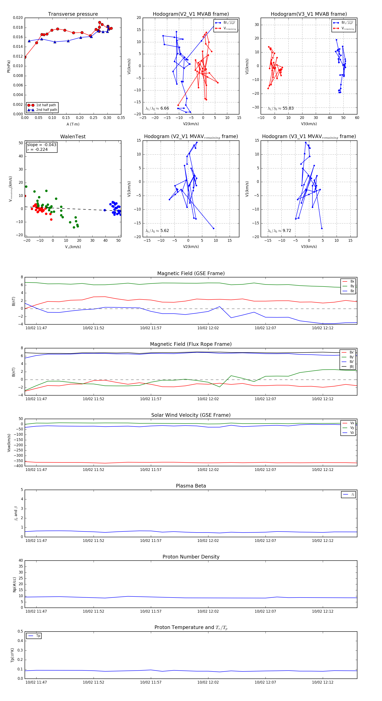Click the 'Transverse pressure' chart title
point(73,14)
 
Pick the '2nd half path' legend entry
point(46,110)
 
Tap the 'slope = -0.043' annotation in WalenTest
point(42,145)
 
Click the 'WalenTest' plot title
point(73,137)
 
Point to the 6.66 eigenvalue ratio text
point(164,108)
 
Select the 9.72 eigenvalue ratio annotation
point(287,231)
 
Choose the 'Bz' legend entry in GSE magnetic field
point(352,291)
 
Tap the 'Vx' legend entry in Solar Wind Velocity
point(352,423)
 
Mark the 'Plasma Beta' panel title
point(191,486)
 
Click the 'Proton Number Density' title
point(191,557)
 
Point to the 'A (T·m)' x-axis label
point(73,124)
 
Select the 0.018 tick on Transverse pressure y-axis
point(18,27)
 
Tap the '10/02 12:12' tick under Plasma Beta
point(322,540)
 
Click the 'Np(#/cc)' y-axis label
point(14,585)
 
